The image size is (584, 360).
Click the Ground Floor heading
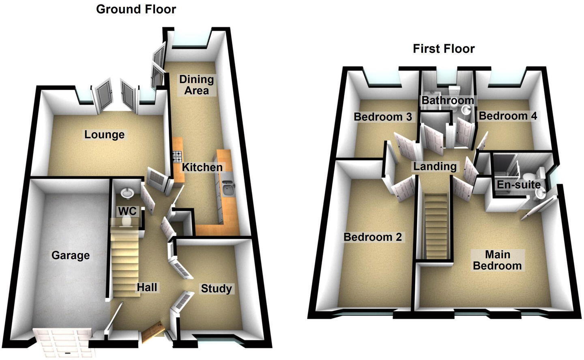tap(136, 9)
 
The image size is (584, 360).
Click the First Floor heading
tap(444, 49)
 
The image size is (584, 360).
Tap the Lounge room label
tap(104, 135)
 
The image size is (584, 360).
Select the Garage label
tap(71, 255)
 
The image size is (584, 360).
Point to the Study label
tap(217, 289)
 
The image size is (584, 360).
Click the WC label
tap(127, 211)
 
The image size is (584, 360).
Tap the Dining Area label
tap(197, 85)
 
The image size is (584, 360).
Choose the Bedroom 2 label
tap(372, 237)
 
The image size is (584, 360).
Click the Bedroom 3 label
tap(382, 117)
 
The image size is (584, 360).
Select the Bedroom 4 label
tap(508, 116)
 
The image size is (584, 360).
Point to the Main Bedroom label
tap(498, 260)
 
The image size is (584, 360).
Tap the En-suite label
tap(519, 185)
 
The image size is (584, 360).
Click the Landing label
tap(435, 166)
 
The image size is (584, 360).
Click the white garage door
tap(62, 343)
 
